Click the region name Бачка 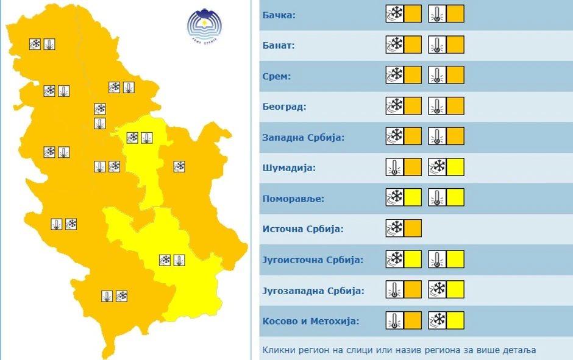coord(279,15)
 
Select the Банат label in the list coord(279,45)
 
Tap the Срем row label coord(277,76)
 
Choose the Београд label coord(284,107)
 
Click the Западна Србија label coord(304,137)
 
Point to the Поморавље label coord(293,199)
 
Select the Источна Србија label coord(303,229)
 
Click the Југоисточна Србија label coord(313,260)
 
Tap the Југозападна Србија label coord(313,291)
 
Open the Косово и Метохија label coord(310,321)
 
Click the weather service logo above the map coord(204,25)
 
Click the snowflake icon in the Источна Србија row coord(395,228)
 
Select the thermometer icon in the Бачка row coord(437,13)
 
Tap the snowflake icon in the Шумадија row coord(438,167)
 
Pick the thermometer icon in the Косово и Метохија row coord(395,320)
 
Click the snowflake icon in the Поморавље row coord(395,197)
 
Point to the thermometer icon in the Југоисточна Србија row coord(437,259)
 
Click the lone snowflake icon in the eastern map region coord(179,166)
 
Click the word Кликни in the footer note coord(277,350)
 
